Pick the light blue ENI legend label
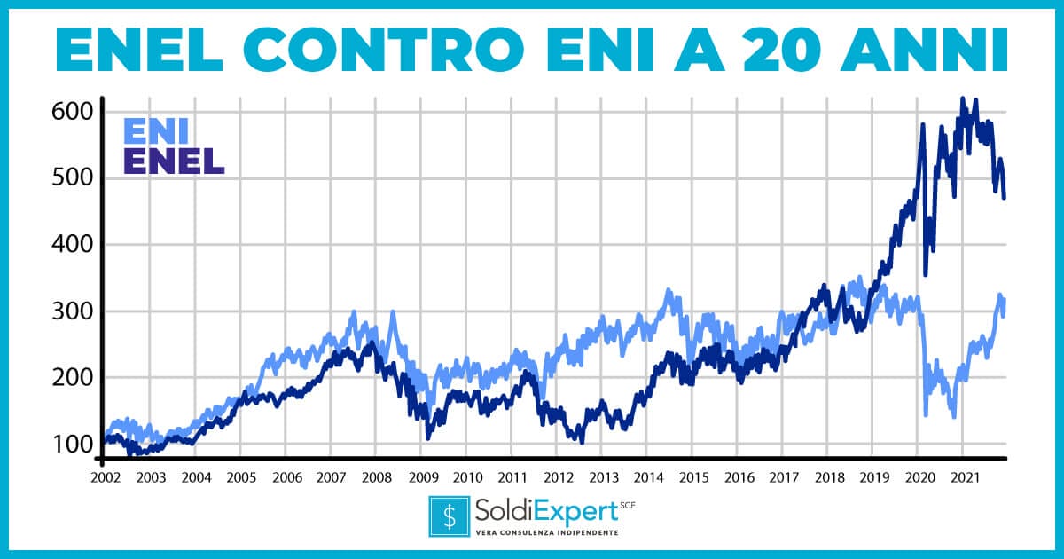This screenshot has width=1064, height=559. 155,130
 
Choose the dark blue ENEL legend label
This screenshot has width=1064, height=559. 173,161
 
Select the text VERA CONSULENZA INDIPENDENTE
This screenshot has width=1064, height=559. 547,532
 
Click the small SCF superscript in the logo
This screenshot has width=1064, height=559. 628,504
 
